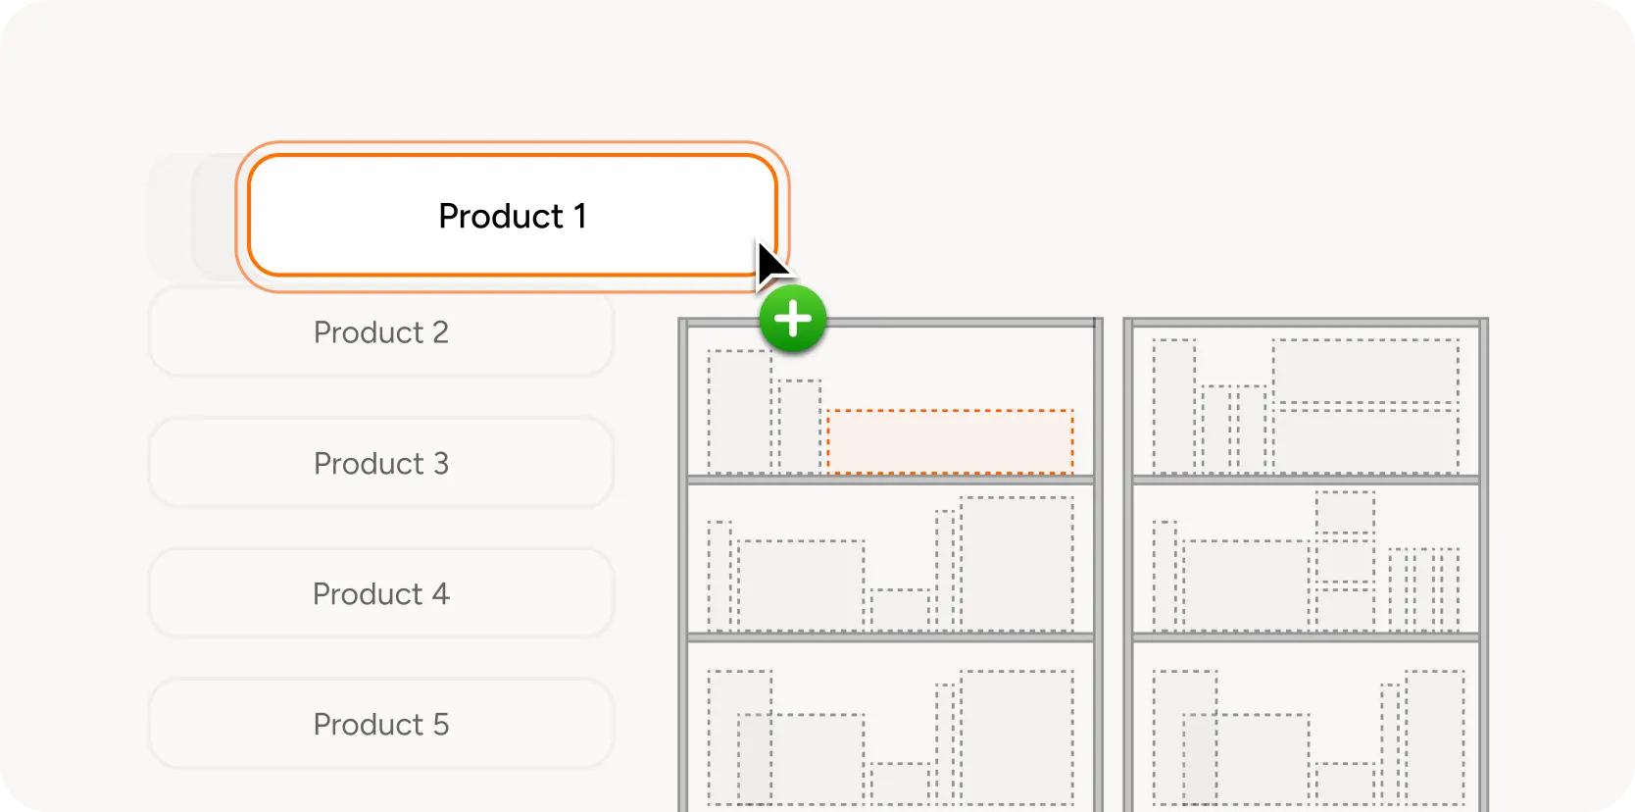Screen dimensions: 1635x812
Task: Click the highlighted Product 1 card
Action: click(x=513, y=216)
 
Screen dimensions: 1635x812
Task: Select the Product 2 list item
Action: click(x=381, y=332)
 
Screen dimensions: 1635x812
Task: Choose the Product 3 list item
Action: click(x=381, y=463)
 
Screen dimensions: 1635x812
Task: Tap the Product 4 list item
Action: click(x=381, y=593)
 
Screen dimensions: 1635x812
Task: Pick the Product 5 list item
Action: click(x=381, y=725)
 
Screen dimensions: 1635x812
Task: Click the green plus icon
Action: click(x=793, y=319)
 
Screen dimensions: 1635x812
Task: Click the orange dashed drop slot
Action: click(x=950, y=441)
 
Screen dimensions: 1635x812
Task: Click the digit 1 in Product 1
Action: click(x=580, y=216)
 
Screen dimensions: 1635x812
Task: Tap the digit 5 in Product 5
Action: click(x=441, y=725)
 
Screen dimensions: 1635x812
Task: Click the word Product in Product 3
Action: click(x=369, y=464)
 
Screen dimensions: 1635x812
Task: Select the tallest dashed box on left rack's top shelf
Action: click(x=739, y=411)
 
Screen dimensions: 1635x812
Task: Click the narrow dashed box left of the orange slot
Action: click(x=799, y=427)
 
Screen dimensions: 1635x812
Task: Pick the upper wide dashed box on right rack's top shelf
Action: click(x=1365, y=371)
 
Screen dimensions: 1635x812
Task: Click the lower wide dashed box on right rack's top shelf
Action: click(x=1365, y=441)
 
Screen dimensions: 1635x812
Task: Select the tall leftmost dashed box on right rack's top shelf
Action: click(x=1173, y=406)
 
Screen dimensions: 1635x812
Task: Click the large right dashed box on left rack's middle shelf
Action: click(x=1016, y=563)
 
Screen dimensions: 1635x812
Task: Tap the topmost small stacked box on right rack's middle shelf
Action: click(x=1345, y=511)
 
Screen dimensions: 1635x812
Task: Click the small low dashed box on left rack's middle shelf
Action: click(x=900, y=610)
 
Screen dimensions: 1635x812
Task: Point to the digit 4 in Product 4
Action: click(x=440, y=594)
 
